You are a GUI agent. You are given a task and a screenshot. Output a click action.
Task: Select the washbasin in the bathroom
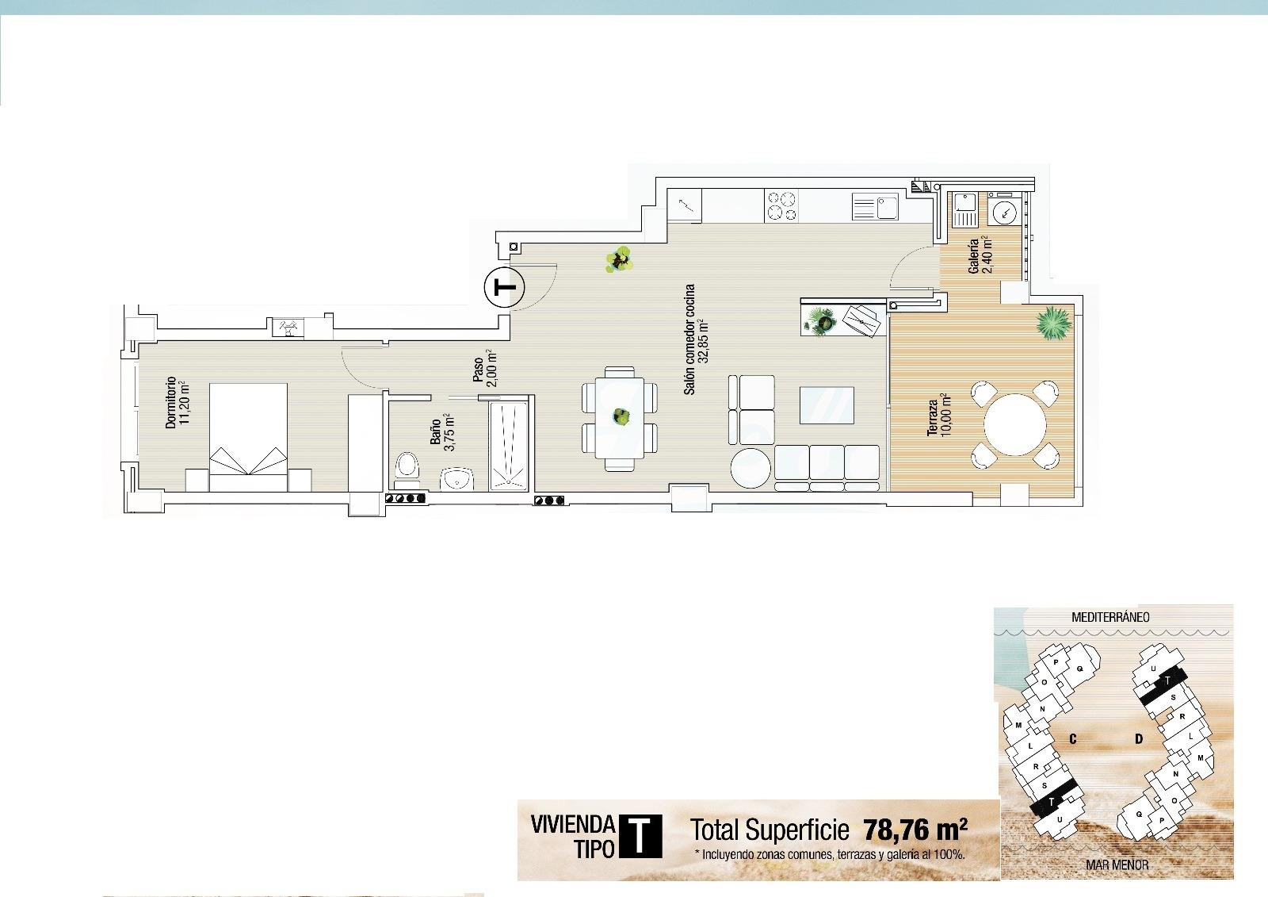tap(457, 478)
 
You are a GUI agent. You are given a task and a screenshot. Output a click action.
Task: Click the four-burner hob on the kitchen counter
tap(781, 206)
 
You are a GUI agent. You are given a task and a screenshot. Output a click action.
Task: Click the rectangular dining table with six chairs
tap(620, 418)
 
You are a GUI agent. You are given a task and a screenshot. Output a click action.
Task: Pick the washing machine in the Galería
tap(1004, 211)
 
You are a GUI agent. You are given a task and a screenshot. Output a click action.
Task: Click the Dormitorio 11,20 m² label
tap(176, 404)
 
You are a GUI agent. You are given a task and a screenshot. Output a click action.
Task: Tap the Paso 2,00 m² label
tap(484, 370)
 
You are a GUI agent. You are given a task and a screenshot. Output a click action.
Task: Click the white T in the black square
tap(639, 838)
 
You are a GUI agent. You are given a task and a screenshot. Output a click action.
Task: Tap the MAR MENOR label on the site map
tap(1117, 864)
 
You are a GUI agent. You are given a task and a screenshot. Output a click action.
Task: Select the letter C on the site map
tap(1072, 739)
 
